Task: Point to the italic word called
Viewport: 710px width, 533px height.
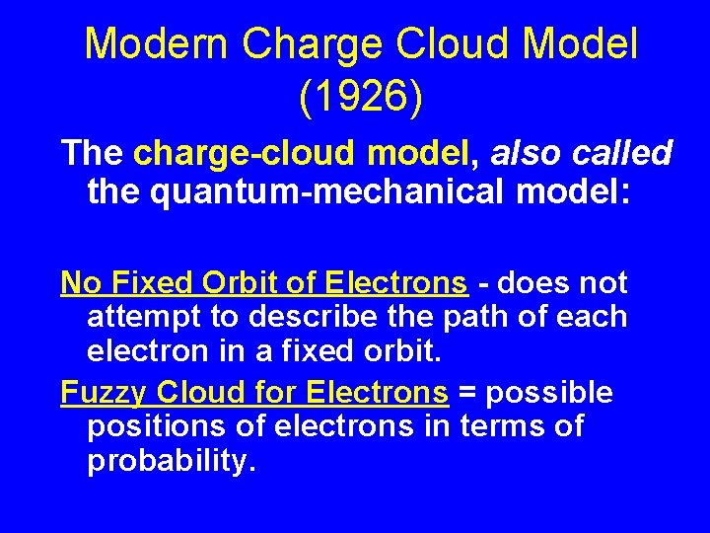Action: tap(620, 153)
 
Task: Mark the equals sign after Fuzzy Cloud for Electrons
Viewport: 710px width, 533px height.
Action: tap(466, 393)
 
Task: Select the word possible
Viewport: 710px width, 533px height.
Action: tap(548, 393)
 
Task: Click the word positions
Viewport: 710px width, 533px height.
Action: tap(149, 427)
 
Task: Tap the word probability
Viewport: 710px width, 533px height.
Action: tap(172, 462)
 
